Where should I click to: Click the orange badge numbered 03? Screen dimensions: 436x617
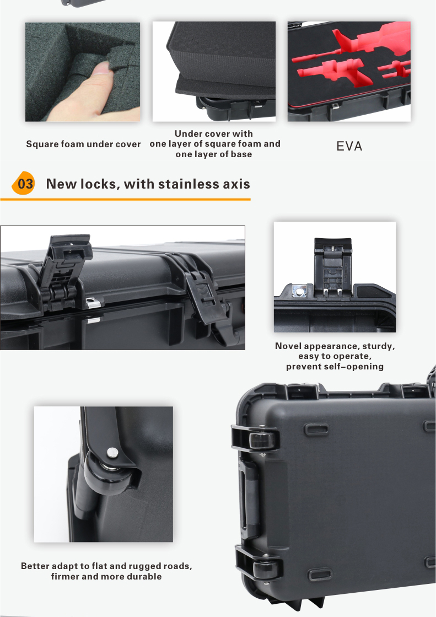[24, 184]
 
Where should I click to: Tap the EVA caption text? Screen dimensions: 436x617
[349, 146]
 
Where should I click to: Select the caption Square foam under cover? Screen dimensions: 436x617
[83, 144]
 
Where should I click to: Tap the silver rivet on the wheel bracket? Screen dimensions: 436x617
[112, 453]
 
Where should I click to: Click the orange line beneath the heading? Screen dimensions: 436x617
[125, 200]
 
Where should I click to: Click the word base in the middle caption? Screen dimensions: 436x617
[241, 154]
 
